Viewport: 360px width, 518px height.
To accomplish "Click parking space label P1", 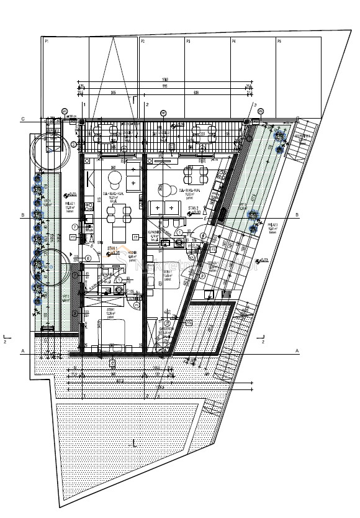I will click(47, 41).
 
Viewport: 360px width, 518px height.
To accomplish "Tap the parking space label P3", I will click(188, 41).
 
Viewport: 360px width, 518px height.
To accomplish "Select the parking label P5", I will click(279, 41).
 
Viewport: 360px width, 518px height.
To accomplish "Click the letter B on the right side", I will click(297, 215).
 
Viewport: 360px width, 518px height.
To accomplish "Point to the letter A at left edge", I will click(23, 352).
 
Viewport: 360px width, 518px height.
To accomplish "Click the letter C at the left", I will click(23, 119).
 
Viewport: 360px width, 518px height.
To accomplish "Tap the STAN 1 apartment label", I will click(113, 248).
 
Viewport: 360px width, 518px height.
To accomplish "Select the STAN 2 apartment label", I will click(194, 209).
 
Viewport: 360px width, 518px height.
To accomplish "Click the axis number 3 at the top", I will click(254, 104).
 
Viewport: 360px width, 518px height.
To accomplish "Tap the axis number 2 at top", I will click(147, 104).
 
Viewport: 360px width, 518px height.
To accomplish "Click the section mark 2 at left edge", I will click(5, 341).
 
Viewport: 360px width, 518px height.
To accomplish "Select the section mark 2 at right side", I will click(263, 341).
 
